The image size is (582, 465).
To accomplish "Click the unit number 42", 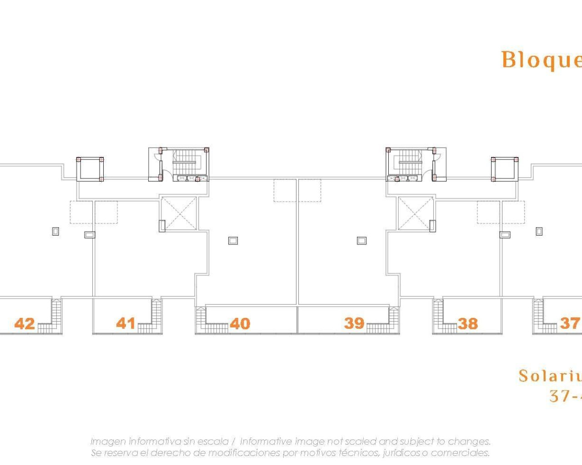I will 25,323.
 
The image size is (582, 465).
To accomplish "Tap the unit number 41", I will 126,323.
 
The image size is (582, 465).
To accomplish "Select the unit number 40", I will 240,323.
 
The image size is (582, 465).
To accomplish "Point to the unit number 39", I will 354,323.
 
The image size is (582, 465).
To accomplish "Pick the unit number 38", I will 468,323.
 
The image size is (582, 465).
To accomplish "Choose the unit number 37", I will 570,323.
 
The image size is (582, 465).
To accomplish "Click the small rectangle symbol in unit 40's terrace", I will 233,241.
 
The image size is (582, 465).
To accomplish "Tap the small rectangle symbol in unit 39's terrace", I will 361,241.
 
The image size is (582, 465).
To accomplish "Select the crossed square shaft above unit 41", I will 179,213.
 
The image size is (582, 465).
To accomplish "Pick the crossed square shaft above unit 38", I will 416,213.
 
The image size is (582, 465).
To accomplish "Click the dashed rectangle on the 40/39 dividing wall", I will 297,190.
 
